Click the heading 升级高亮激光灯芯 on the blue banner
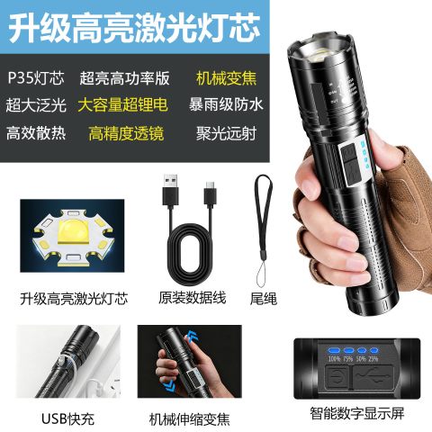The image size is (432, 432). point(134,29)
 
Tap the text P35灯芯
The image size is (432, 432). point(36,78)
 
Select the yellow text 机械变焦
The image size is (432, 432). point(226,78)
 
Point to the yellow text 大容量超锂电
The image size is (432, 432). point(122,105)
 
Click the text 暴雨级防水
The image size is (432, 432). point(226,104)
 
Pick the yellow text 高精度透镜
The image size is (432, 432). point(126,133)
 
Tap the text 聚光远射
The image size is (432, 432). point(226,133)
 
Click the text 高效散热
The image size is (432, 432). point(36,133)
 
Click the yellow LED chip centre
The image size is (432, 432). point(75,231)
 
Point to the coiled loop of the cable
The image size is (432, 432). point(191,249)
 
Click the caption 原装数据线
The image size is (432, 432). point(192,298)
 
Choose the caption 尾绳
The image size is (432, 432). point(264,299)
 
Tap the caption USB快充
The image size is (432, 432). point(67,418)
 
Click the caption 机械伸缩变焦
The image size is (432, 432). point(189,419)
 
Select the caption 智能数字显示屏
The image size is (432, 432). point(357,413)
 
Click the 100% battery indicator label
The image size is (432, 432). point(334,359)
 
